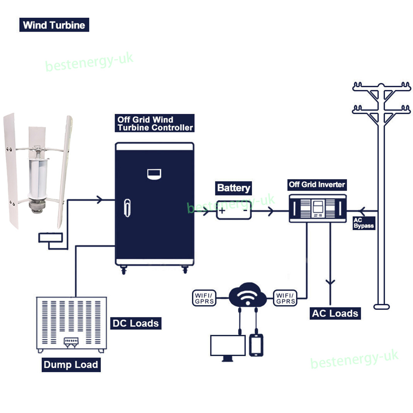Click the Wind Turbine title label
[54, 25]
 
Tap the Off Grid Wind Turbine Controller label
[154, 123]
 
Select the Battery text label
[233, 188]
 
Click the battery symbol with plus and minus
[234, 210]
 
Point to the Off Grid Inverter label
[317, 184]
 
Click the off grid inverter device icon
[318, 208]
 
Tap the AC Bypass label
[364, 223]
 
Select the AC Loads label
[335, 313]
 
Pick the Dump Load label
[71, 365]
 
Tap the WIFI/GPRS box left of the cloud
[204, 298]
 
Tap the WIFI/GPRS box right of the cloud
[285, 298]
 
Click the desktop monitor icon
[228, 346]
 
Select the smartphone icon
[256, 345]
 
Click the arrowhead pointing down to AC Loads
[330, 282]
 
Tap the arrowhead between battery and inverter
[271, 211]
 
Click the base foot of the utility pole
[381, 306]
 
